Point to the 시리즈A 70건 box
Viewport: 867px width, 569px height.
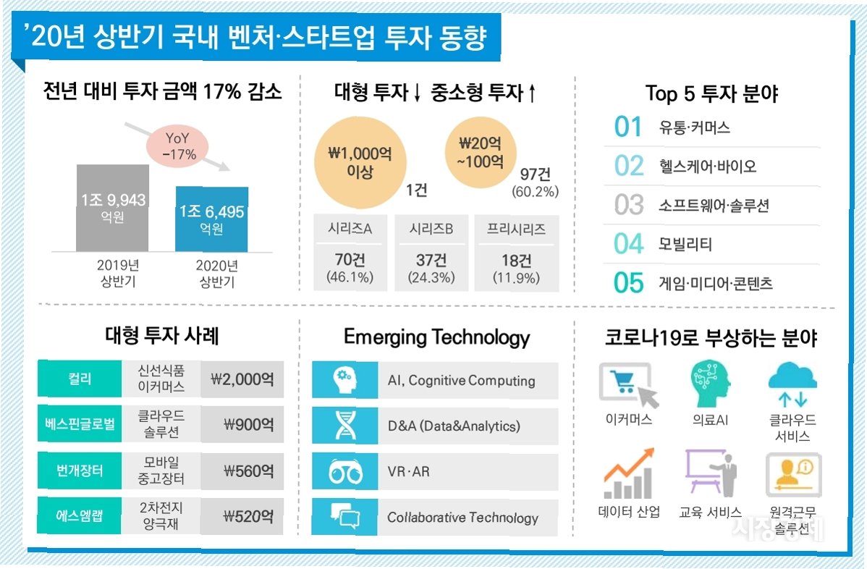pyautogui.click(x=350, y=253)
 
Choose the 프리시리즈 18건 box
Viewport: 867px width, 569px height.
pyautogui.click(x=515, y=253)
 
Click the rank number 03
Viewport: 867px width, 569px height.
pyautogui.click(x=628, y=205)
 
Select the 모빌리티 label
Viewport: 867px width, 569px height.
pyautogui.click(x=686, y=245)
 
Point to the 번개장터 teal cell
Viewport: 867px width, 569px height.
pyautogui.click(x=80, y=471)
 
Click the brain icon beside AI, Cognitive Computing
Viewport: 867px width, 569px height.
pyautogui.click(x=344, y=380)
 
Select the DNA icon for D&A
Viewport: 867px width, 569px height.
pyautogui.click(x=344, y=426)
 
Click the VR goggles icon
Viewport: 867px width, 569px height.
pyautogui.click(x=344, y=472)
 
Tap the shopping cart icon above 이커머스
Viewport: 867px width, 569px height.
pyautogui.click(x=628, y=386)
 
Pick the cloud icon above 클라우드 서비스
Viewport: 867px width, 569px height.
pyautogui.click(x=792, y=386)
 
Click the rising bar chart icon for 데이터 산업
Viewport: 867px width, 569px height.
pyautogui.click(x=628, y=474)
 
